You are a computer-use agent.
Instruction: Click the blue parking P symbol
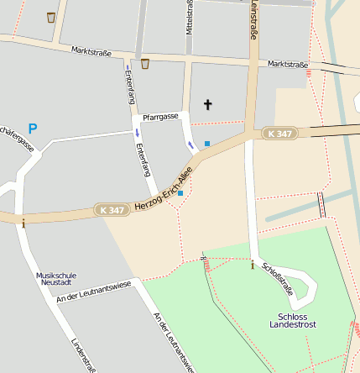click(33, 129)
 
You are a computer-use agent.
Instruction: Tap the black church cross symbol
click(208, 105)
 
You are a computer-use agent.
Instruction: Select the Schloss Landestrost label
click(294, 321)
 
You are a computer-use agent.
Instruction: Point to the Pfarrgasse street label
click(160, 117)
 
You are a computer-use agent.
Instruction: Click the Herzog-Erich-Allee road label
click(163, 190)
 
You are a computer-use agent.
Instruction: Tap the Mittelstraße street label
click(189, 17)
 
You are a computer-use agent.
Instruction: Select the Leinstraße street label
click(253, 19)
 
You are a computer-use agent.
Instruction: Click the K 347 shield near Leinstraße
click(279, 134)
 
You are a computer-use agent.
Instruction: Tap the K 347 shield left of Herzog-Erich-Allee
click(112, 209)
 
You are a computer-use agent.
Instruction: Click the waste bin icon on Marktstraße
click(145, 63)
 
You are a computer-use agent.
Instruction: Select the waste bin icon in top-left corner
click(51, 17)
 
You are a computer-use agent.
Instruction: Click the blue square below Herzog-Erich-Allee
click(180, 193)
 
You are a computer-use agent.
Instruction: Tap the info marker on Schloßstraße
click(253, 265)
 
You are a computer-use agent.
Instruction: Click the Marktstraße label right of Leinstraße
click(288, 65)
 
